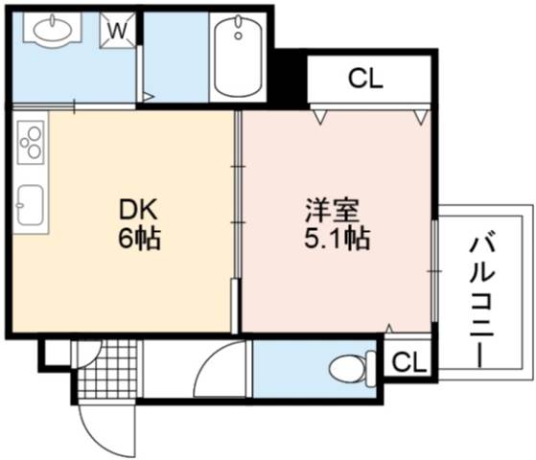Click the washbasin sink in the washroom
(53, 28)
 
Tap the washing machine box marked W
(118, 30)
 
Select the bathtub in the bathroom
(238, 57)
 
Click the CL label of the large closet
(365, 79)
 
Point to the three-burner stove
(31, 142)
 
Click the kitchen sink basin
(31, 205)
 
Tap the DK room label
(138, 210)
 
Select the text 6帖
(139, 239)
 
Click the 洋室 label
(332, 211)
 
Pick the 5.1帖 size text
(338, 239)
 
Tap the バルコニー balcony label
(481, 299)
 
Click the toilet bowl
(348, 368)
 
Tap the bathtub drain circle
(238, 35)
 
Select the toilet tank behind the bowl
(370, 369)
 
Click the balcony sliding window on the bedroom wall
(434, 271)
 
